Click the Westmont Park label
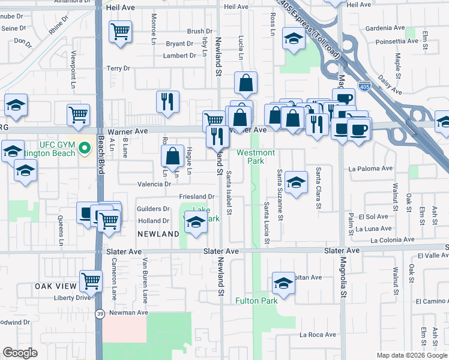pyautogui.click(x=256, y=157)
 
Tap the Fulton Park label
pyautogui.click(x=256, y=301)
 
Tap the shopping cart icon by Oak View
pyautogui.click(x=91, y=280)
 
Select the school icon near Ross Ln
pyautogui.click(x=293, y=40)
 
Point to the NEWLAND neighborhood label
pyautogui.click(x=158, y=233)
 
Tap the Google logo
pyautogui.click(x=20, y=353)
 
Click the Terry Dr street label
pyautogui.click(x=118, y=68)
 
